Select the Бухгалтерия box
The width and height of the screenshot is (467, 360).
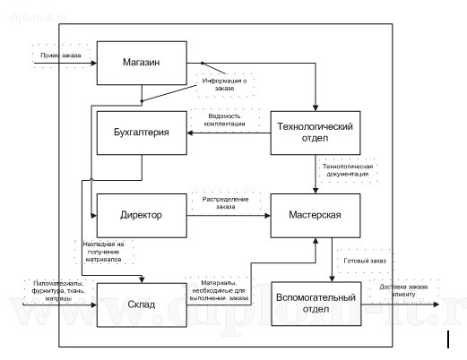point(139,133)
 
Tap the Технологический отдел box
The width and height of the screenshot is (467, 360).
point(316,132)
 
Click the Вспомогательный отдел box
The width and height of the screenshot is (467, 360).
point(316,304)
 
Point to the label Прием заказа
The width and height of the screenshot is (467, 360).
point(59,56)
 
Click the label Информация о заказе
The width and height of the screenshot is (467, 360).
point(228,83)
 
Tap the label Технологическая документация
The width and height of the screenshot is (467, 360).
point(346,172)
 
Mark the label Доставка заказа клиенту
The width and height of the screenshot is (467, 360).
point(409,290)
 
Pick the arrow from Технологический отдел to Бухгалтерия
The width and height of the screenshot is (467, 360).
point(228,133)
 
